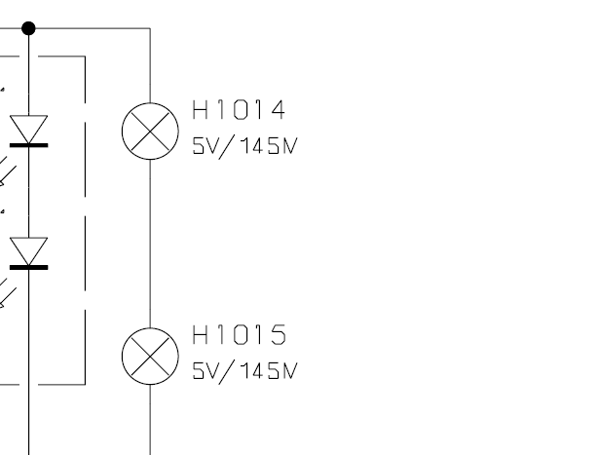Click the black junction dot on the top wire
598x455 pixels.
click(28, 27)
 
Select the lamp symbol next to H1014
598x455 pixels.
click(149, 131)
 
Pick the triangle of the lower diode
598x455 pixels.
click(28, 251)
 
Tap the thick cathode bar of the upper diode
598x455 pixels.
click(28, 143)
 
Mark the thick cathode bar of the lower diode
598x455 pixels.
click(28, 266)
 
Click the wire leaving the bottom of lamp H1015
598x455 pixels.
click(149, 419)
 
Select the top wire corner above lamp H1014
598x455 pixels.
click(149, 28)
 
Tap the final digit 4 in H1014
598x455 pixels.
click(280, 110)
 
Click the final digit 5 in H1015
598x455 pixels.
click(279, 336)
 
